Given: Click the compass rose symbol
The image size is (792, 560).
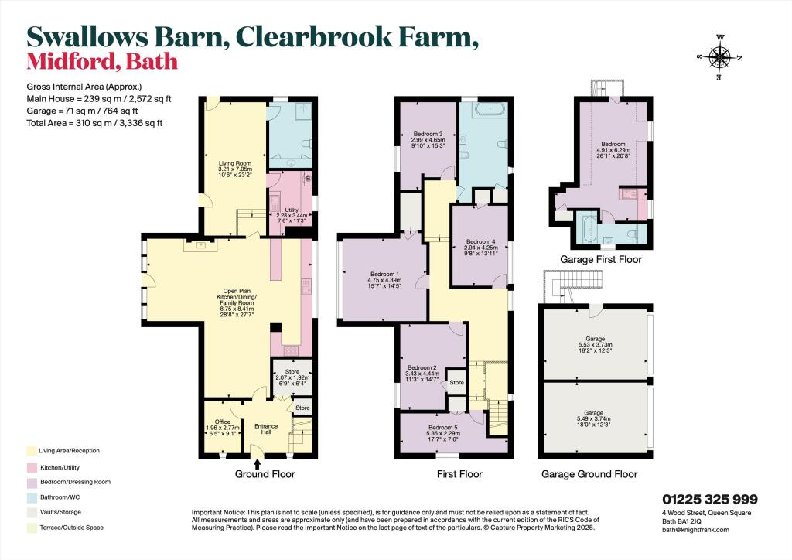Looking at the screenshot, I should [x=720, y=56].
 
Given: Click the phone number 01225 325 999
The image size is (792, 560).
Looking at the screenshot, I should [x=709, y=500].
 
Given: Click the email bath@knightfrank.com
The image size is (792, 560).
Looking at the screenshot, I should [x=695, y=530].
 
